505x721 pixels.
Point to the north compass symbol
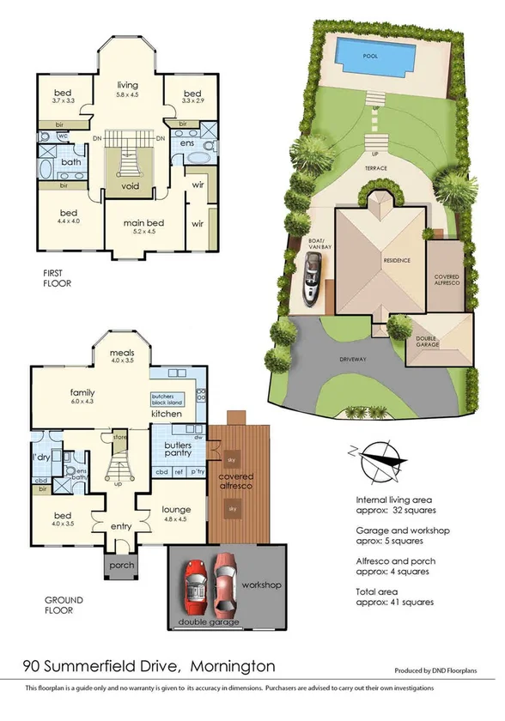375,459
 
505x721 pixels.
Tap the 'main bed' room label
143,223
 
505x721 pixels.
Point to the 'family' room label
82,393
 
